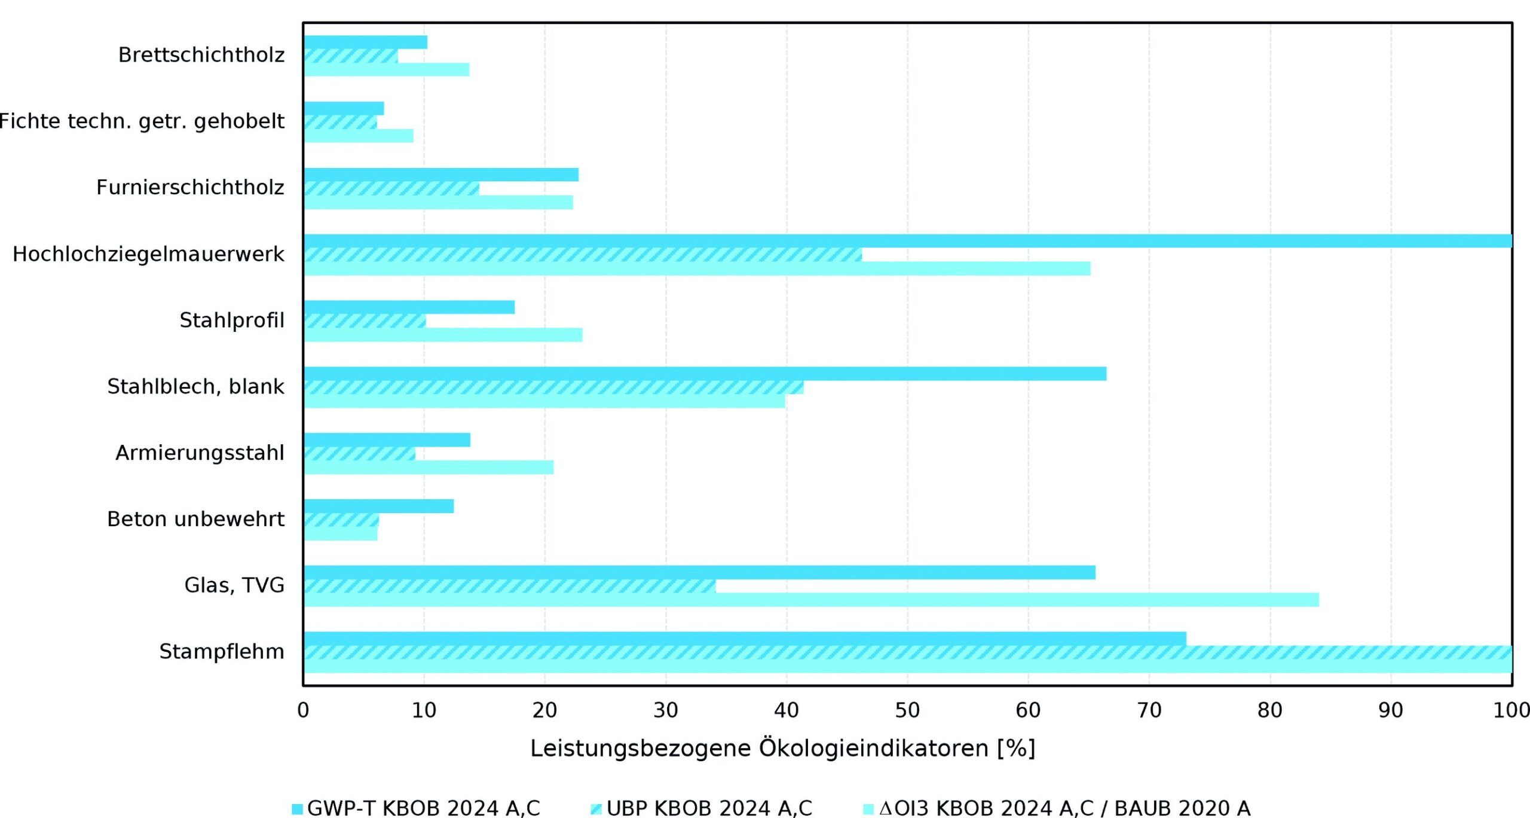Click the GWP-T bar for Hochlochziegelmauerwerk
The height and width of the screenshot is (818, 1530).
908,241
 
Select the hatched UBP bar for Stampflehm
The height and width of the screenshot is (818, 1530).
908,652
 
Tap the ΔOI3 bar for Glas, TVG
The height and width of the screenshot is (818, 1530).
811,600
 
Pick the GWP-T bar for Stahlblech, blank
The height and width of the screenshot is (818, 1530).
705,374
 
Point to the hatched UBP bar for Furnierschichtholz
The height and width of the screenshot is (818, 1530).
391,188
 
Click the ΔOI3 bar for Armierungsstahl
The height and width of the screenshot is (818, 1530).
429,467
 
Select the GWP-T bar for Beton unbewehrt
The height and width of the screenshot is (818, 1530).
379,506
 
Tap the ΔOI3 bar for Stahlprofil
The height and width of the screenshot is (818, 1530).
443,335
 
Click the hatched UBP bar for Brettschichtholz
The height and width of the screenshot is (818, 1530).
351,56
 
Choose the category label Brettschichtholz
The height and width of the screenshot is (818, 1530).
201,55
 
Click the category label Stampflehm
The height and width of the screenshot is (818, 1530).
222,652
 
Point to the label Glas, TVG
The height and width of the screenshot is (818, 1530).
234,585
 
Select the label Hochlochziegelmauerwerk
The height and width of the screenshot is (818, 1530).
148,254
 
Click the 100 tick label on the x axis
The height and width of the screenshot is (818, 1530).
1511,710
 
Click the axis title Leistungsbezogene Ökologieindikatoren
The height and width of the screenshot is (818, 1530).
760,749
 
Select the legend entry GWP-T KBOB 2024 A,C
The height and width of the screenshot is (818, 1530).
416,808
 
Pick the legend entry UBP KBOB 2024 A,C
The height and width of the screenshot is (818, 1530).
701,808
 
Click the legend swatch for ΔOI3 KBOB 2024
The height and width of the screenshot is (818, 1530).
868,809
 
